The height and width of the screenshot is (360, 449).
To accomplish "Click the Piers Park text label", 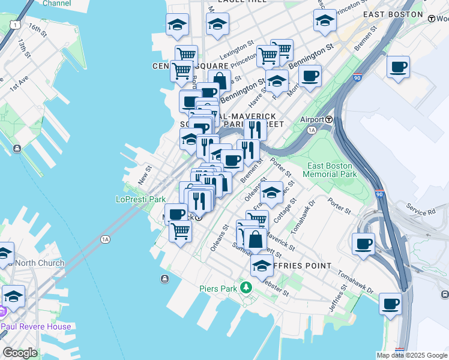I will (x=219, y=289).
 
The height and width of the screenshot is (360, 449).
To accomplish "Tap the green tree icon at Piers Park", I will (x=245, y=288).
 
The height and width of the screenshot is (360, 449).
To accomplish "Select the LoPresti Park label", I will (x=140, y=199).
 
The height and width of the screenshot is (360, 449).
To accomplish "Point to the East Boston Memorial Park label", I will (x=332, y=170).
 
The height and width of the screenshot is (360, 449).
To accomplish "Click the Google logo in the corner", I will (x=20, y=353).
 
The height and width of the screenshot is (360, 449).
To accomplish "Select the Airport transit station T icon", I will (x=330, y=119).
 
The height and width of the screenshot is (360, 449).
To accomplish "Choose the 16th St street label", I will (x=37, y=29).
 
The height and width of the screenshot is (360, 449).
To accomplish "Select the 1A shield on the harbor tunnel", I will (x=106, y=239).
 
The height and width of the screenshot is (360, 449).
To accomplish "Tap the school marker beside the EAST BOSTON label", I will (x=325, y=20).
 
